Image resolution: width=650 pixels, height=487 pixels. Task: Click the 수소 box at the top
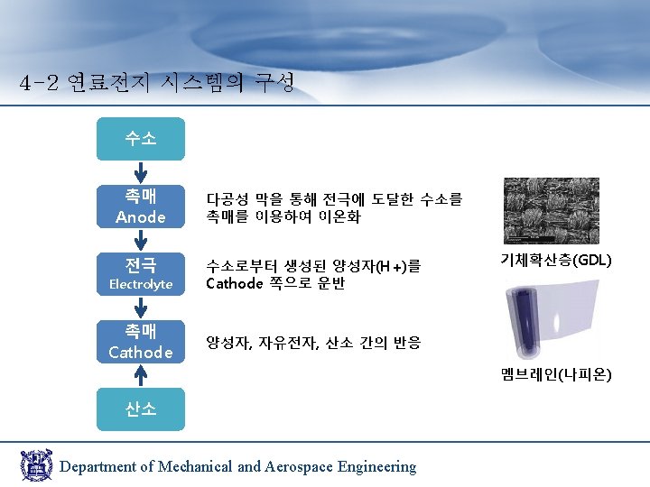coord(141,139)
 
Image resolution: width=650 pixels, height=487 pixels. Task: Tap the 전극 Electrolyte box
coord(141,273)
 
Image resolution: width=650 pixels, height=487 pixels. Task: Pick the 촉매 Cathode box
coord(141,341)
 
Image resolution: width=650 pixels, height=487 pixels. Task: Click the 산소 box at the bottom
coord(141,409)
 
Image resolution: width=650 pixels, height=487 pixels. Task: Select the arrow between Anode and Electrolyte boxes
coord(141,239)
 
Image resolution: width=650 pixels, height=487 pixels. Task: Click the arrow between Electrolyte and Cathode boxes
coord(141,307)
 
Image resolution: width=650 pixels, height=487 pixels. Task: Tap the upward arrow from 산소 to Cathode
coord(141,374)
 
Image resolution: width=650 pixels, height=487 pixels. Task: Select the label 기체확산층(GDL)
coord(556,261)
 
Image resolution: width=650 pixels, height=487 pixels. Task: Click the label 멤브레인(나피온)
coord(556,373)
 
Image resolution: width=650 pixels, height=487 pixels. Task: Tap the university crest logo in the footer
coord(37,464)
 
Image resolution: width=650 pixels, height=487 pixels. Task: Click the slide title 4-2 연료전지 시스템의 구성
coord(156,84)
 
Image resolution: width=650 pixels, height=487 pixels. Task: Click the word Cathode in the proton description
coord(234,284)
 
